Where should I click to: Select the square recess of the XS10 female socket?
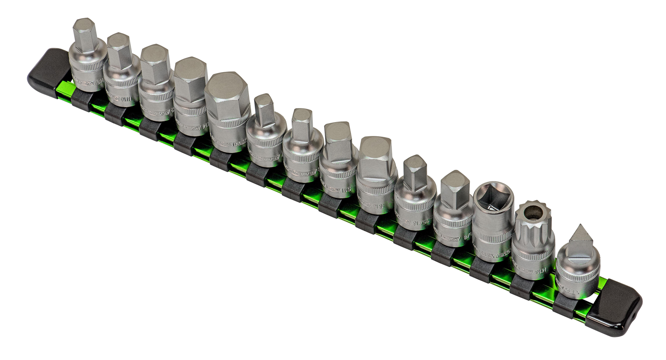coord(493,197)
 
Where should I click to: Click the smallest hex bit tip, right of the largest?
coord(265,110)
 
